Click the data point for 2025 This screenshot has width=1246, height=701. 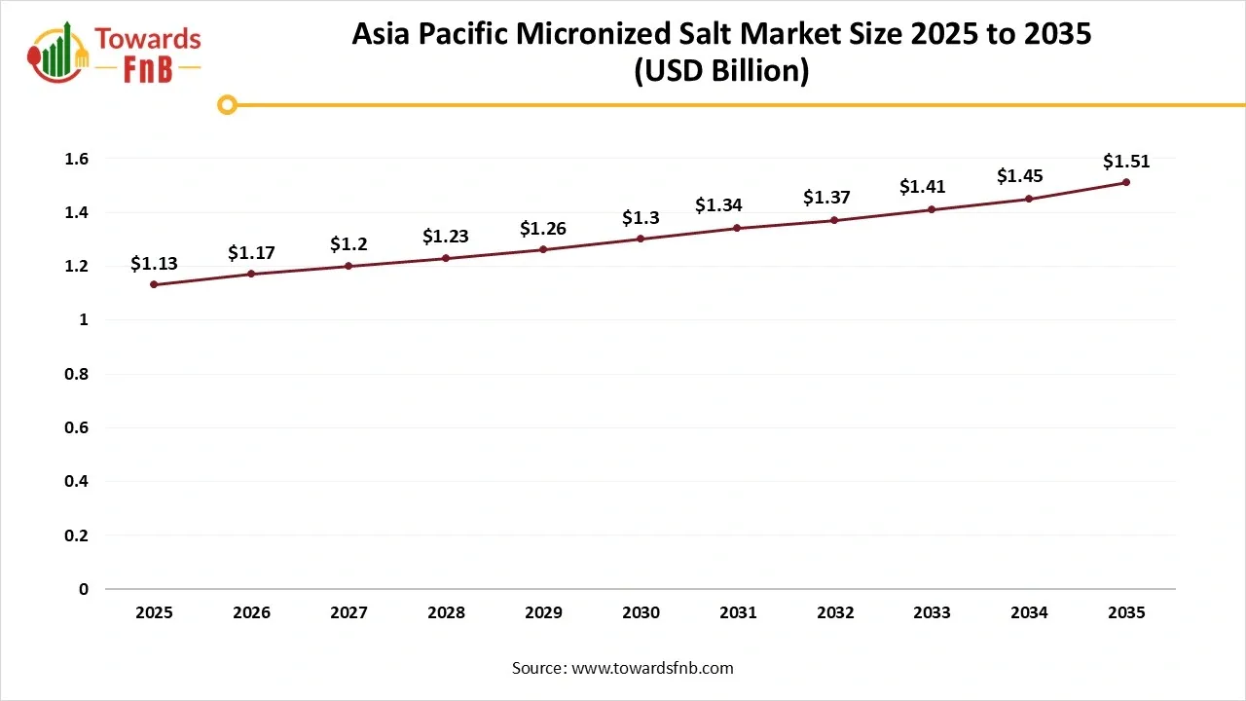[154, 284]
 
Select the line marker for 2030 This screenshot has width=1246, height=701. [641, 239]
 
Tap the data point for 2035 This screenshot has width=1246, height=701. [1126, 182]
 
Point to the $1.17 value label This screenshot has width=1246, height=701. [251, 253]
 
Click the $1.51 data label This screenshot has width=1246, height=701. [1126, 162]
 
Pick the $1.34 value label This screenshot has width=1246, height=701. [718, 205]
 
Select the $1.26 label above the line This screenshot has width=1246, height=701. [543, 229]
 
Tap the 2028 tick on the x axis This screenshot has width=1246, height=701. [446, 612]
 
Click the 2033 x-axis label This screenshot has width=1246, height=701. [933, 612]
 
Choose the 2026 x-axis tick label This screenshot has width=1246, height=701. [251, 612]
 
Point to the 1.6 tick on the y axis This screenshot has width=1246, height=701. [78, 159]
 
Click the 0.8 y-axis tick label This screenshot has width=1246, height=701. [78, 374]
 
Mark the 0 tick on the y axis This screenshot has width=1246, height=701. [84, 589]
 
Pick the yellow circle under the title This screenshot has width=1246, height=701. [227, 105]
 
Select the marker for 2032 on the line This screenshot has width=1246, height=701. [835, 220]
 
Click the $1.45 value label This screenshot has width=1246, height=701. [1020, 176]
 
